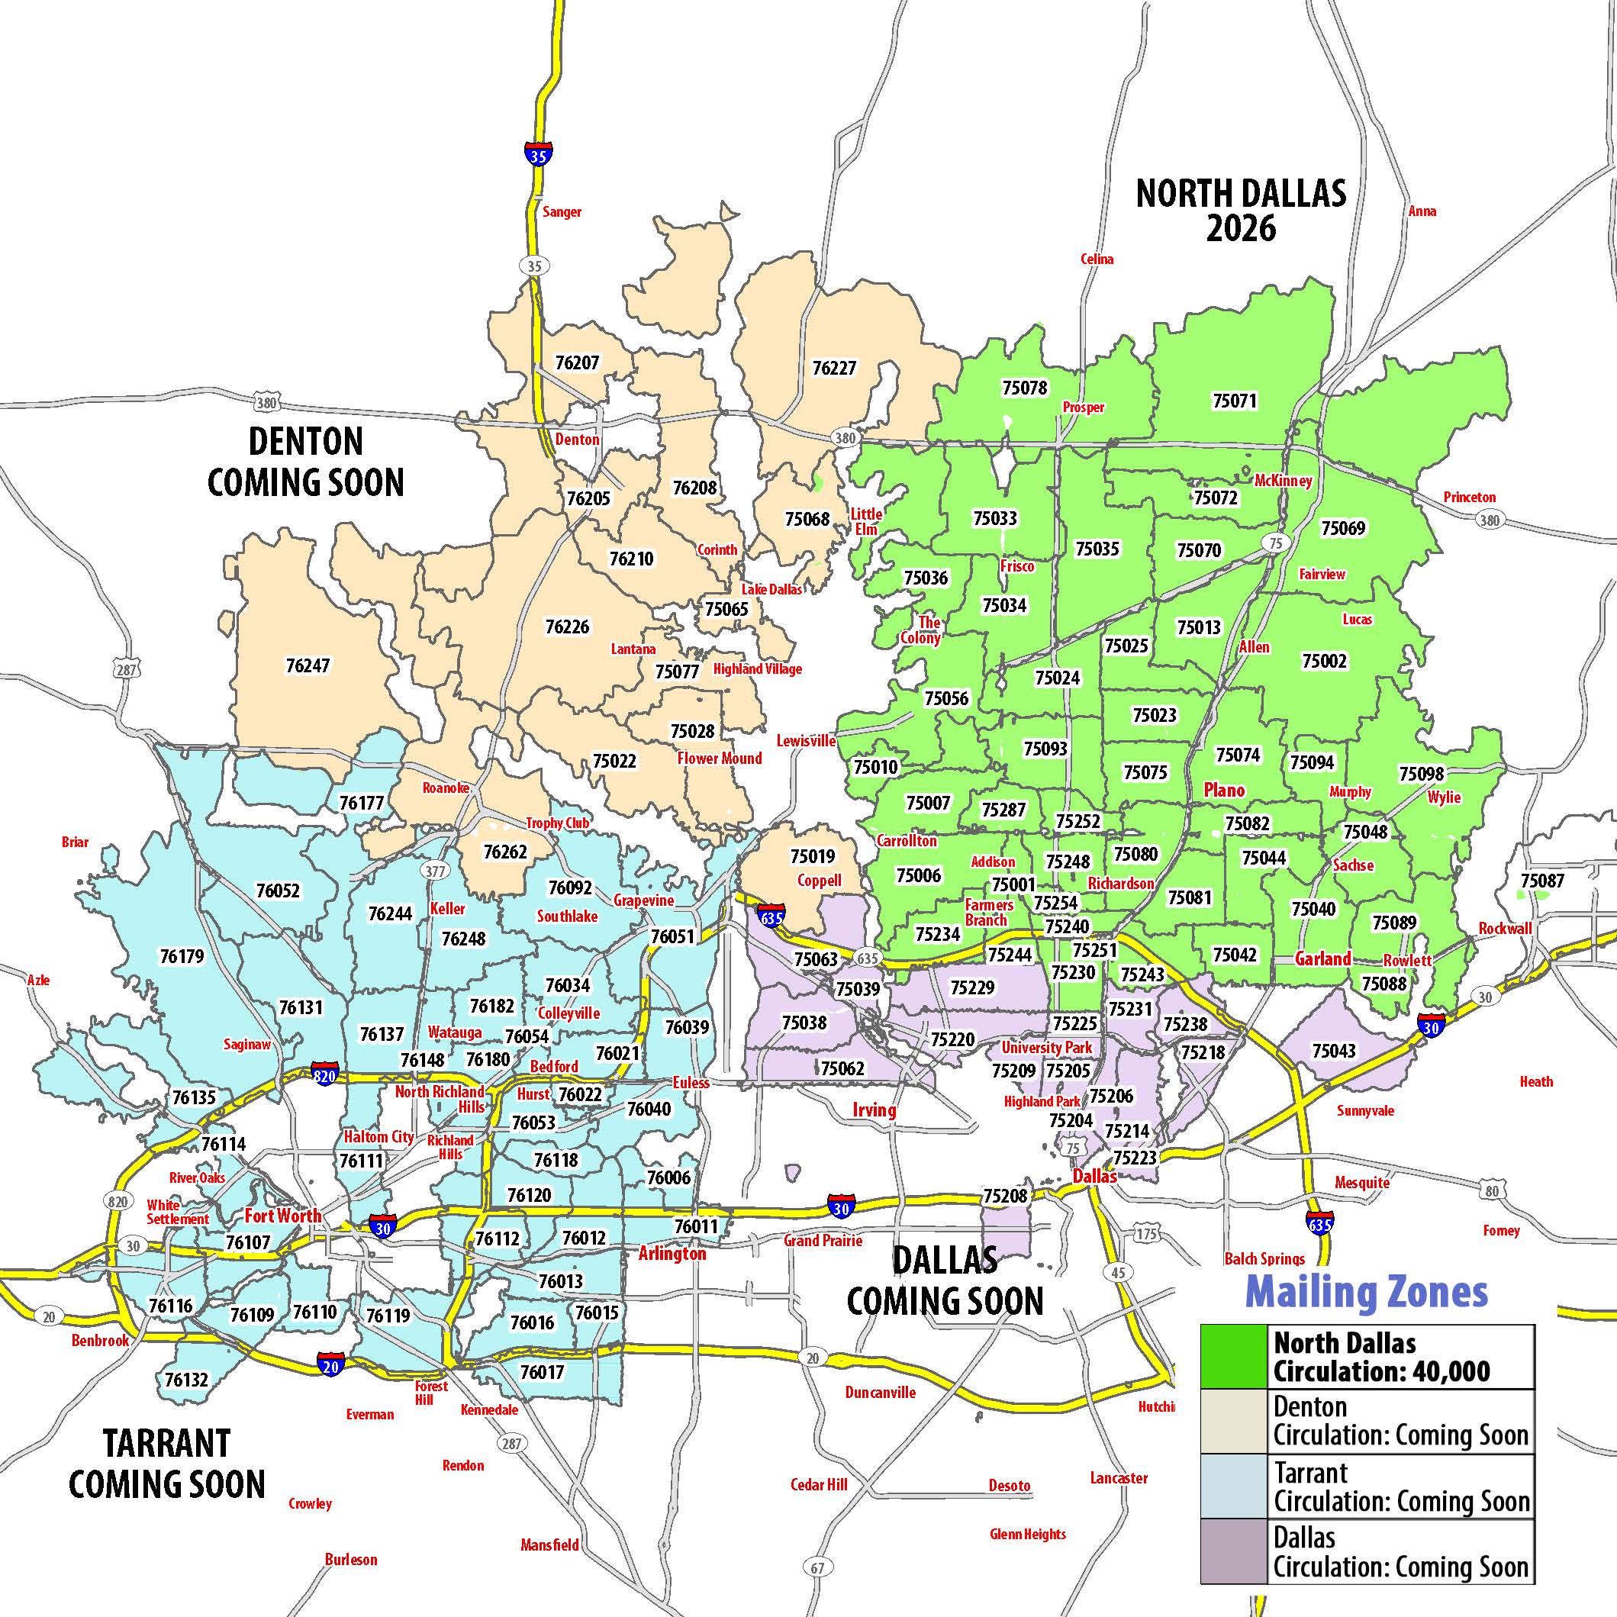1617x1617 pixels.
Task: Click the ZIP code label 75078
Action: (1024, 388)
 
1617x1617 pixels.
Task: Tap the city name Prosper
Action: (1083, 407)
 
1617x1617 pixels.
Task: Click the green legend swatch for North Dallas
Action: (1234, 1357)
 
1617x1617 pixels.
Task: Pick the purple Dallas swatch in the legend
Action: (1234, 1551)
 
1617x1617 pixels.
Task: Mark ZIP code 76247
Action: (308, 665)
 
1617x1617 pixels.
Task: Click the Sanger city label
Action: (562, 211)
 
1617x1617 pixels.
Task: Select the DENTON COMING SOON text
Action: (306, 462)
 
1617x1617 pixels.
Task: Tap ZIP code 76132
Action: (185, 1378)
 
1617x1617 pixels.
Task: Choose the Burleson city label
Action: (351, 1559)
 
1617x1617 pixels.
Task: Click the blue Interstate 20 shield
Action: (330, 1365)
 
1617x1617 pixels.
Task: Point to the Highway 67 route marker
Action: (817, 1567)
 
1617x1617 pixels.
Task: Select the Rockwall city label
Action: (1505, 928)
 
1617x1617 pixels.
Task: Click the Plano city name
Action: (1224, 790)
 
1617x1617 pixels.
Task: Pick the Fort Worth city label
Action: (283, 1216)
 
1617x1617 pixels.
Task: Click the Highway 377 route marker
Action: (435, 871)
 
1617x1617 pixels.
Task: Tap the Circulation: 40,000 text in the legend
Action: (1382, 1372)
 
